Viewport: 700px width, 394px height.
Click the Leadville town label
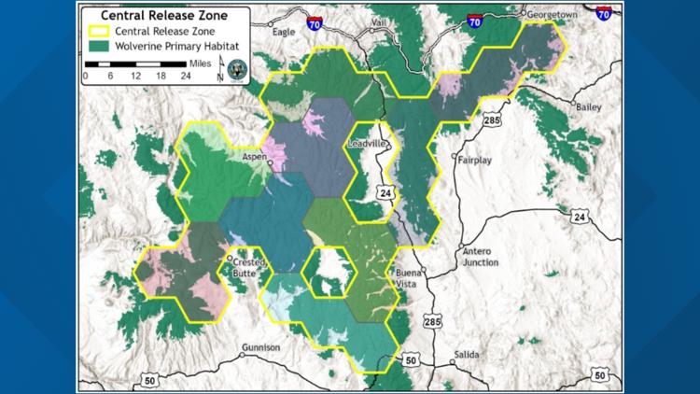tap(366, 145)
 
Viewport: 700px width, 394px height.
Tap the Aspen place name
tap(254, 159)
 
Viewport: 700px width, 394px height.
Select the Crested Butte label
tap(246, 264)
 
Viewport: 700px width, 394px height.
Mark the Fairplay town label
tap(475, 160)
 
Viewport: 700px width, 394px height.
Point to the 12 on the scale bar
tap(136, 76)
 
